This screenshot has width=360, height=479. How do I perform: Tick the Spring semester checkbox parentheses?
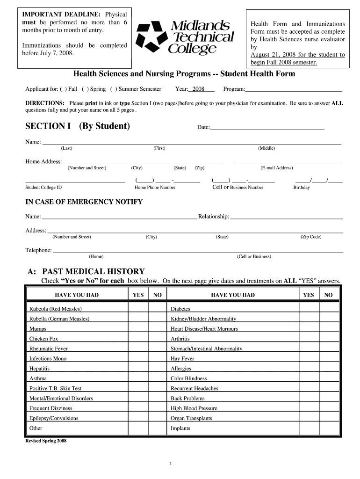[85, 89]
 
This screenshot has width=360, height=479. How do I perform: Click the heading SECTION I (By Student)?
[78, 126]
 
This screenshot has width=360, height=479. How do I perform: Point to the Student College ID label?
[43, 188]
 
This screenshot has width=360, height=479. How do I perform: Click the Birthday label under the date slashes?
[301, 188]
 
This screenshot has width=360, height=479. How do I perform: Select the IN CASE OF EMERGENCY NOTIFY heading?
[84, 202]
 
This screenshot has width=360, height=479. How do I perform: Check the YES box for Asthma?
[138, 378]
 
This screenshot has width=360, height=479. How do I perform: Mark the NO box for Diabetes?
[329, 309]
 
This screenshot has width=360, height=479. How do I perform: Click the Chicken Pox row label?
[43, 339]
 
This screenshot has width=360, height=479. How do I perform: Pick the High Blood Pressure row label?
[194, 408]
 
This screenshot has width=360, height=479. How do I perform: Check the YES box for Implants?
[309, 428]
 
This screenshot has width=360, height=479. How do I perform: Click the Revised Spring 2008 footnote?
[46, 441]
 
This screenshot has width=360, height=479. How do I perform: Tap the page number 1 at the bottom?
[171, 464]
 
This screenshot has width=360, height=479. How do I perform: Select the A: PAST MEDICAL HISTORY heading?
[86, 272]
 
